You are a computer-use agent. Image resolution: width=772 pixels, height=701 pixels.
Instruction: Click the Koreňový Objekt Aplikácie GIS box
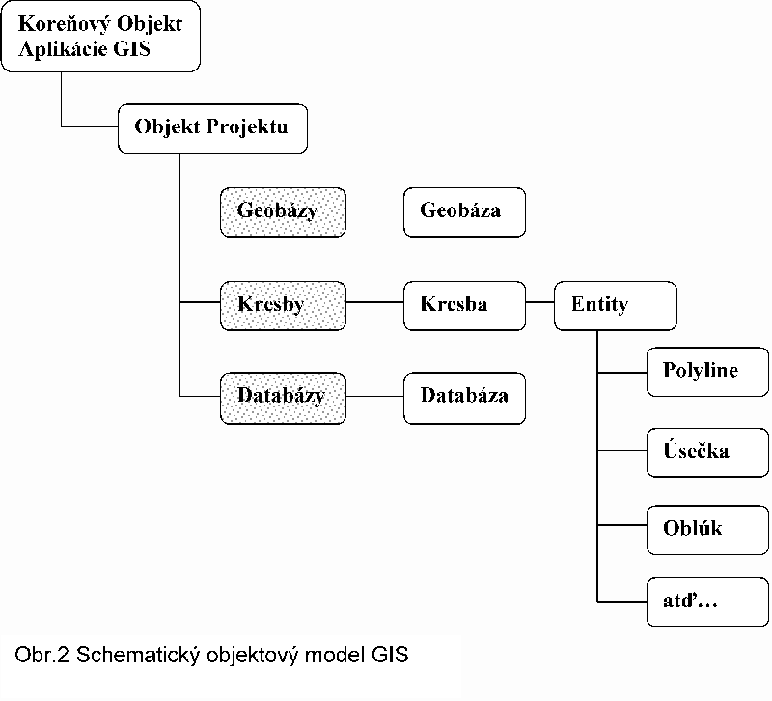click(x=101, y=37)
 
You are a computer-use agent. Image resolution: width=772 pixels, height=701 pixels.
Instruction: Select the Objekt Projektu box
click(x=212, y=128)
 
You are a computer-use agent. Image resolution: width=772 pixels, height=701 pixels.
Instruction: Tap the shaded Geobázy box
click(x=283, y=211)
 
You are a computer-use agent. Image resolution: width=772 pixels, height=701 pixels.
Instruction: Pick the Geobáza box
click(x=464, y=211)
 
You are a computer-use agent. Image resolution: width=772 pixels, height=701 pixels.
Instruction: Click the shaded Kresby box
click(x=283, y=306)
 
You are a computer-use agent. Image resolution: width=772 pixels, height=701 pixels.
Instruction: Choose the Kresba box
click(x=464, y=306)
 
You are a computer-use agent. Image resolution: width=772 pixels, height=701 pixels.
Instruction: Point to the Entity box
click(x=616, y=306)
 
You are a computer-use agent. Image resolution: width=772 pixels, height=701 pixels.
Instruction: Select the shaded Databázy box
click(x=283, y=398)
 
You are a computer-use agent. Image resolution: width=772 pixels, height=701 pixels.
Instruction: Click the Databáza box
click(x=464, y=398)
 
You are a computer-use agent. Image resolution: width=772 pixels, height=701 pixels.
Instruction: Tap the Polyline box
click(x=707, y=372)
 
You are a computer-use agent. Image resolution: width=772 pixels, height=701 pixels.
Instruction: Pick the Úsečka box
click(x=707, y=453)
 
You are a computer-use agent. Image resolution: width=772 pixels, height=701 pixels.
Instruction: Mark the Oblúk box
click(x=707, y=530)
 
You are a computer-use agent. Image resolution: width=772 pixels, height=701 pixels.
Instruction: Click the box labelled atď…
click(x=707, y=602)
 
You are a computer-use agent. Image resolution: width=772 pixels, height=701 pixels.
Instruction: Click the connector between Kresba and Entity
click(x=540, y=302)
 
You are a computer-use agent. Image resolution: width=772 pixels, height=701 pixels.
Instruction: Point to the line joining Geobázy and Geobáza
click(x=374, y=210)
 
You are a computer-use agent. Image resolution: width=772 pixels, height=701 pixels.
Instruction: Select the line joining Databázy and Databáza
click(x=374, y=396)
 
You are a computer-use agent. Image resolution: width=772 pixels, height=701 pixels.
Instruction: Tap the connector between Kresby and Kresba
click(x=374, y=302)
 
